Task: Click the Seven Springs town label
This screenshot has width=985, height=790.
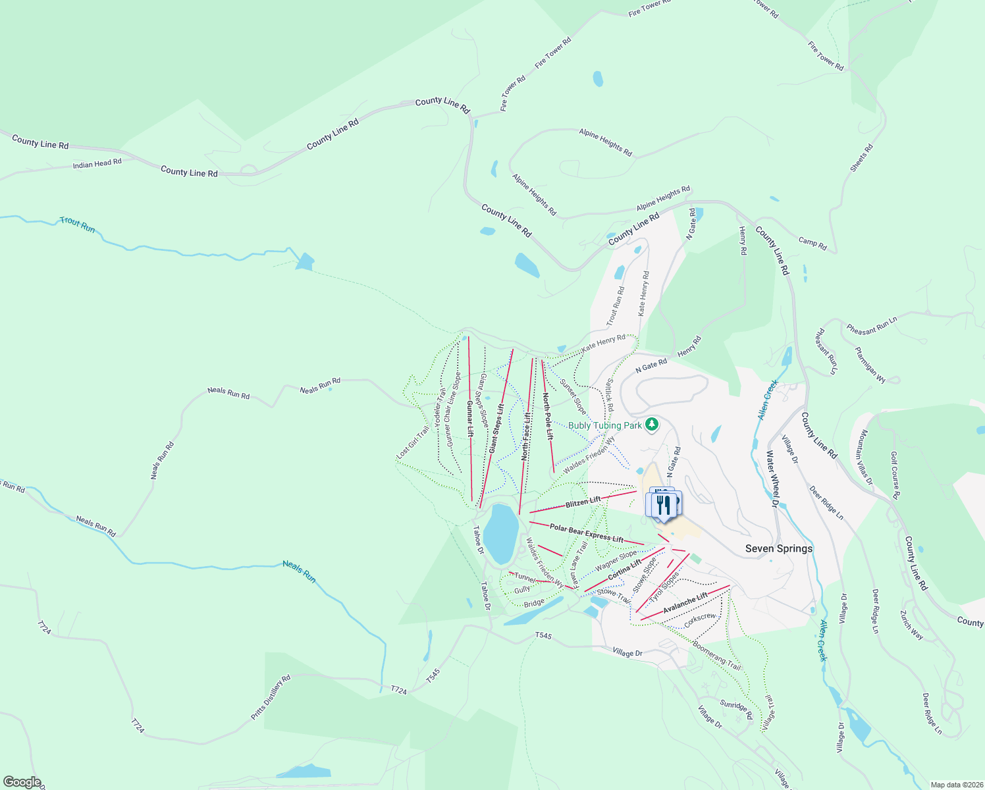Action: tap(778, 548)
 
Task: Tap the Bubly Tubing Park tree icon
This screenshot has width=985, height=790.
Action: tap(652, 424)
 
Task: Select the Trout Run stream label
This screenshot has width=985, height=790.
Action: tap(78, 224)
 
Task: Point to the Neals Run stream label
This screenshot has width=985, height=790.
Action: tap(299, 571)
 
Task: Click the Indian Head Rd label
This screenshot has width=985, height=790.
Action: tap(97, 163)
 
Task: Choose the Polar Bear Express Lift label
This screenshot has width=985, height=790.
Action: tap(586, 533)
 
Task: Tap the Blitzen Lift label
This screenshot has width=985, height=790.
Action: tap(583, 502)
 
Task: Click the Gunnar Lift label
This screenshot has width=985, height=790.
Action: tap(469, 419)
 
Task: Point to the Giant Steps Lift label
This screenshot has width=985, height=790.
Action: tap(496, 428)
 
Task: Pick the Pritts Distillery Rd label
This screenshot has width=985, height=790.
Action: tap(271, 697)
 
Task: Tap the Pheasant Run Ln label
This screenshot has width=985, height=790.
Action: tap(872, 326)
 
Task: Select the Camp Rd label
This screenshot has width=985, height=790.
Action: tap(812, 243)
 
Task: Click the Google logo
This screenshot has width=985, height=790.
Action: tap(22, 782)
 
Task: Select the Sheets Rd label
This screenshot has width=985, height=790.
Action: tap(861, 158)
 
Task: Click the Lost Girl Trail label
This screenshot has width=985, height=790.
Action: tap(413, 442)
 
